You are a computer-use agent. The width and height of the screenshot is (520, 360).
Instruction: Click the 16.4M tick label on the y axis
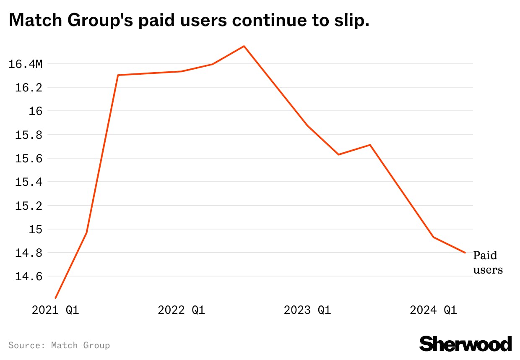26,64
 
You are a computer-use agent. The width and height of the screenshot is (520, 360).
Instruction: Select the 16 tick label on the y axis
35,111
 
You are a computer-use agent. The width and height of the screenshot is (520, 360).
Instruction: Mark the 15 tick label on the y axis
35,230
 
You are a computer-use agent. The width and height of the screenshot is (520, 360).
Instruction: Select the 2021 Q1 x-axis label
55,310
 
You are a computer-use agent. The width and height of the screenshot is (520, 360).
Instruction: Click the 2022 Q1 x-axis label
181,310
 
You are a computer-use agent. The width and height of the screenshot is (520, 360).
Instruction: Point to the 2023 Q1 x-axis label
307,310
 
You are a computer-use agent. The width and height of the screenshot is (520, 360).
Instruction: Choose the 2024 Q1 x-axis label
433,310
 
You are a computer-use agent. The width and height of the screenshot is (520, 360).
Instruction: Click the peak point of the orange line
244,46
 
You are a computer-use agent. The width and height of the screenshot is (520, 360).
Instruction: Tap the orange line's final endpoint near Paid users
465,253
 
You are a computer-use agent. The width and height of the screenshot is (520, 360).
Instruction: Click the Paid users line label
487,262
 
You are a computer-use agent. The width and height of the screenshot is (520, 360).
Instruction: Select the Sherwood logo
465,344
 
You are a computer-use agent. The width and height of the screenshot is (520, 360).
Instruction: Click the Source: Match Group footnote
59,345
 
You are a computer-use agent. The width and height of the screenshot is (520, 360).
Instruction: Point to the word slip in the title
351,20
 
